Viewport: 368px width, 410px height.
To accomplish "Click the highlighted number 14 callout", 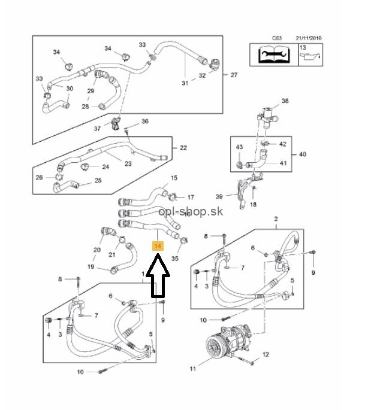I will [158, 246].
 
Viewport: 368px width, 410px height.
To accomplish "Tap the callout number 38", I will [285, 101].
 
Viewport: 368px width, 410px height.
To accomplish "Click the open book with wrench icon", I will [274, 56].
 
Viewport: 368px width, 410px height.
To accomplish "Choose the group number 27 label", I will [234, 75].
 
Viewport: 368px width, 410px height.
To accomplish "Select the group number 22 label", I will [183, 147].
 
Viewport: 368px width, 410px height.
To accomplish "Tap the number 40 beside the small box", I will [302, 154].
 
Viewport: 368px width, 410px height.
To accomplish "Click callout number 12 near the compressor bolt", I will [266, 355].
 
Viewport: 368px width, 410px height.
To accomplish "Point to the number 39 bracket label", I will [219, 196].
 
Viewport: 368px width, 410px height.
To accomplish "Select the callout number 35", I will [175, 259].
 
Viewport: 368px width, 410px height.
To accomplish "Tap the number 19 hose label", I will [91, 267].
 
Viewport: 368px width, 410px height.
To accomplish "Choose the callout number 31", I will [185, 83].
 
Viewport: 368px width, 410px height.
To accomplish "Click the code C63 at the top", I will [276, 38].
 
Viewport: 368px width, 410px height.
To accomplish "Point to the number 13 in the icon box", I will [303, 47].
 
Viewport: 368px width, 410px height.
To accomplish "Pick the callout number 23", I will [128, 163].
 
